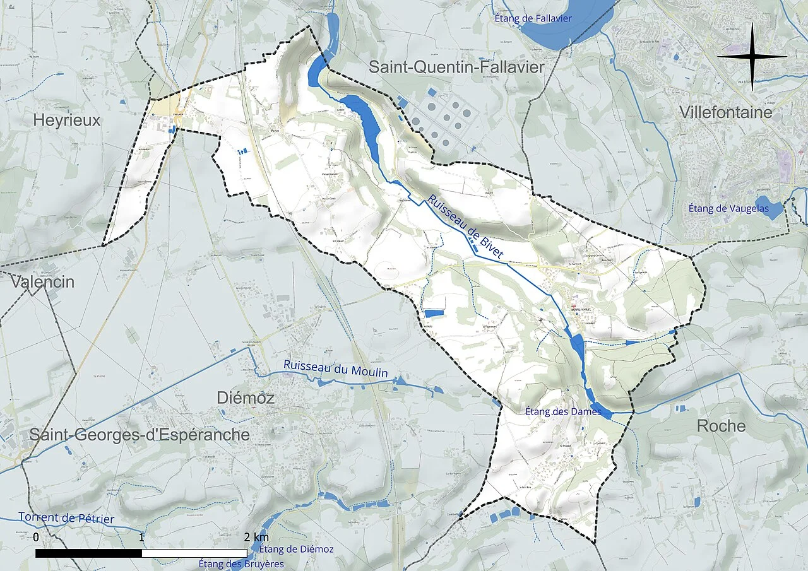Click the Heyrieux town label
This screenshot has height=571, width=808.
point(66,121)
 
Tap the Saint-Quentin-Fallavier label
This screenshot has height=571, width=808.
point(456,67)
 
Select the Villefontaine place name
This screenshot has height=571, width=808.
point(726,112)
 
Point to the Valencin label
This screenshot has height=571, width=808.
point(42,282)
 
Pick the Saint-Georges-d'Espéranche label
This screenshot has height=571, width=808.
point(140,435)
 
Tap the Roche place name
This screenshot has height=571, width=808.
point(721,426)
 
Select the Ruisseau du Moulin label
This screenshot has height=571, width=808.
point(335,368)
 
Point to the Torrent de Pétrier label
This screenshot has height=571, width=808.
point(66,518)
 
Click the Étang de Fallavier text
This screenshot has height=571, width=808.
point(533,18)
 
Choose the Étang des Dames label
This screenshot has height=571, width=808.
point(563,411)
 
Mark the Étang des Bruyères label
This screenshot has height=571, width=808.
point(241,563)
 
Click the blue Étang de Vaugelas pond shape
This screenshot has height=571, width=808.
point(769,208)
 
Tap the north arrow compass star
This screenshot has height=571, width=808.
point(752,56)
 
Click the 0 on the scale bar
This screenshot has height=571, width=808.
point(36,537)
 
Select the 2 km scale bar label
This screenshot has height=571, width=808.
point(256,537)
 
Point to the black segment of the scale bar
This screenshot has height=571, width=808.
point(88,553)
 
